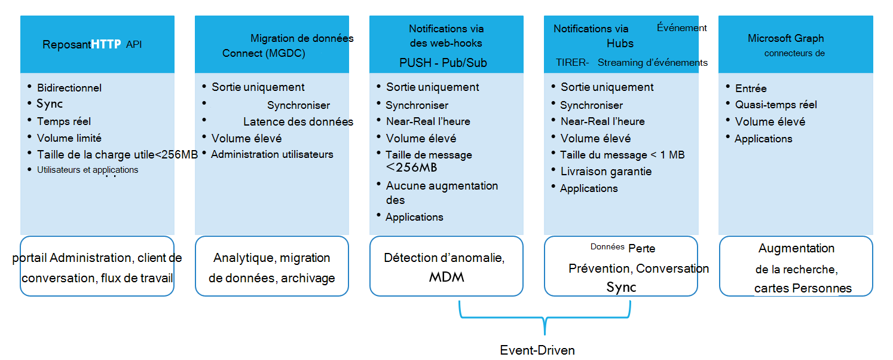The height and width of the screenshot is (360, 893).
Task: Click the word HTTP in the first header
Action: (106, 44)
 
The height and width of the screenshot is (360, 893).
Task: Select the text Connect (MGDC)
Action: (264, 53)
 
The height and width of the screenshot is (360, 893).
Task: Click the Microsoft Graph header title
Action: (785, 38)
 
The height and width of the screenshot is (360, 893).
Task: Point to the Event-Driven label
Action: (537, 350)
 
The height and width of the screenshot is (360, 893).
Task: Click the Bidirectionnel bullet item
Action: (69, 88)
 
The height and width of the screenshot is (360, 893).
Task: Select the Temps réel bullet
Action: (64, 121)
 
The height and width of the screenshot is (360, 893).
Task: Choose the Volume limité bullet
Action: (69, 138)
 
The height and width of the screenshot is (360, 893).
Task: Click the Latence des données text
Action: (298, 122)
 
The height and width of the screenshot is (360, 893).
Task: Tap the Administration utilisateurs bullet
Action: (272, 154)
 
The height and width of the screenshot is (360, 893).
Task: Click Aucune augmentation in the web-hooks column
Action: (442, 186)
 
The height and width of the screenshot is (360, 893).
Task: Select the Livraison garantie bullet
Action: (605, 172)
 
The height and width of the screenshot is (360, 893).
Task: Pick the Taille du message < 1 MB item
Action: (622, 155)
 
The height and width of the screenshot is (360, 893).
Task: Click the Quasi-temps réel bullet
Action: (776, 105)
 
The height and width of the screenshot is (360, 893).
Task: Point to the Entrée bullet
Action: (751, 89)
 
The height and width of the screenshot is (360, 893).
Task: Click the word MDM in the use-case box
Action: (446, 277)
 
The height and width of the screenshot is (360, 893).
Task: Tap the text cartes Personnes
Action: (803, 288)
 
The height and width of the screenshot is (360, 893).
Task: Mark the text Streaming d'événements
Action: (653, 63)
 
